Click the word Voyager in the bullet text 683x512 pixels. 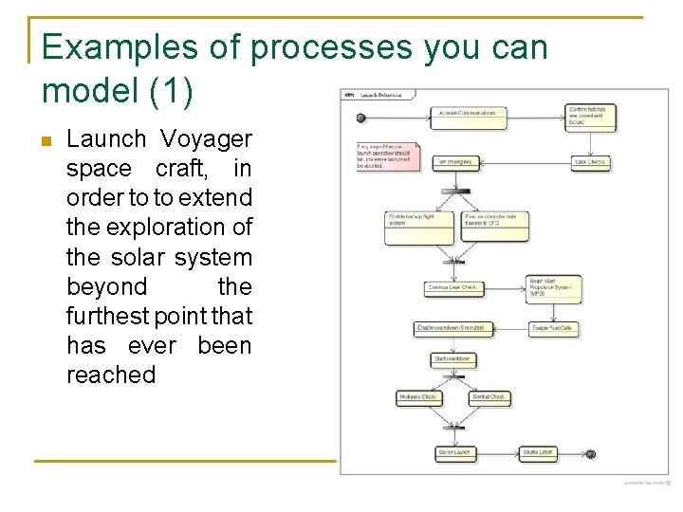point(206,139)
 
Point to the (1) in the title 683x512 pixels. point(171,91)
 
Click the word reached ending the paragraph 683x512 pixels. point(111,375)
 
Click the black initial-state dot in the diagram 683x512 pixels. point(360,118)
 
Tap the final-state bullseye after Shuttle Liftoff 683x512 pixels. point(590,453)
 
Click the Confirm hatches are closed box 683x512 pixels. point(591,117)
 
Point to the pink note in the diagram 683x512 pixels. point(388,155)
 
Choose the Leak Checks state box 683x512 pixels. point(591,162)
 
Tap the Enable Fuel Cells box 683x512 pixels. point(554,329)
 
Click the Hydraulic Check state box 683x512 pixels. point(418,397)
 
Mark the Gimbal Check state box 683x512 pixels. point(489,397)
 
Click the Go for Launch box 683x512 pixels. point(455,453)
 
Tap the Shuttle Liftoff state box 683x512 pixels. point(538,453)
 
